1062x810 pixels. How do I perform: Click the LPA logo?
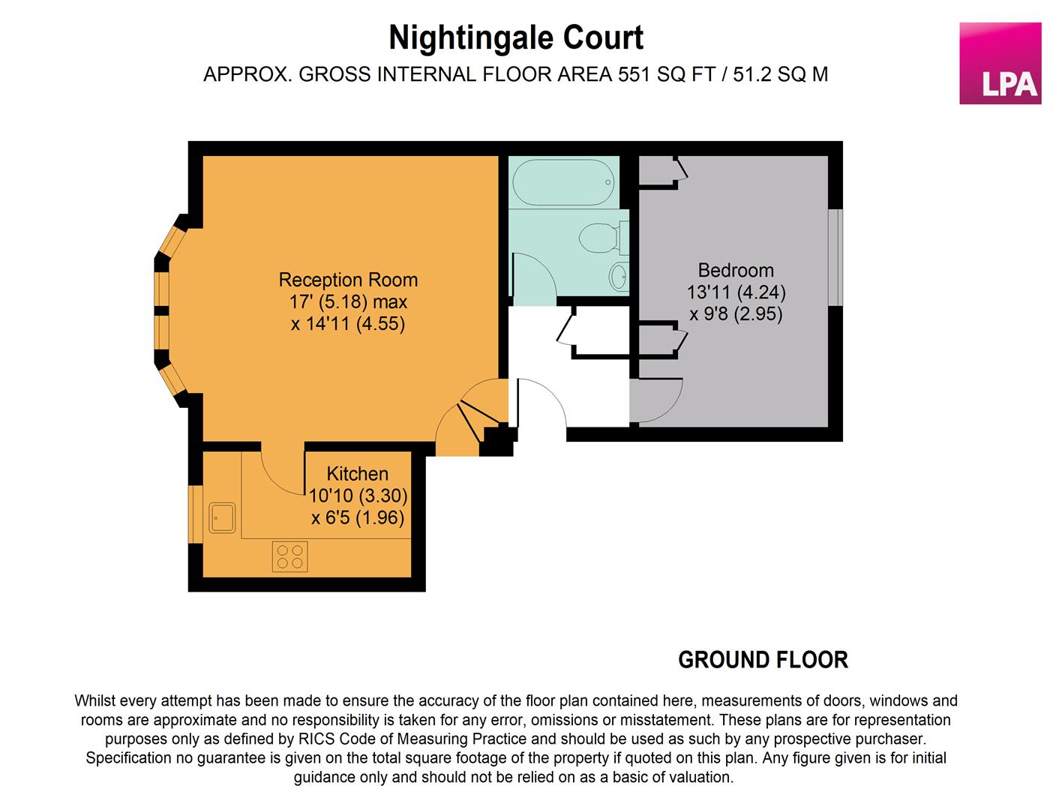[x=1000, y=63]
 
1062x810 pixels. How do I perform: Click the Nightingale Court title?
[x=516, y=38]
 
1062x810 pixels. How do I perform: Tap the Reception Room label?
[x=348, y=280]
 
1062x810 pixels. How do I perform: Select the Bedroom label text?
[x=735, y=270]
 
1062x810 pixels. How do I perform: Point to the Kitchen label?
[x=357, y=474]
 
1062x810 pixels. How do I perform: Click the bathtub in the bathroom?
[x=562, y=182]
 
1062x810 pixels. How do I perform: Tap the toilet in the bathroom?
[x=602, y=238]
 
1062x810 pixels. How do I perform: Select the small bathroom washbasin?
[x=619, y=277]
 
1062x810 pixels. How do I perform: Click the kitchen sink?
[x=222, y=517]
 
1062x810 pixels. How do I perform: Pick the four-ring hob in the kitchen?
[x=289, y=556]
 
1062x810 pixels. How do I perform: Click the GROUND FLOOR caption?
[x=763, y=660]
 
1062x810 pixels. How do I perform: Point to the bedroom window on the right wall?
[x=835, y=257]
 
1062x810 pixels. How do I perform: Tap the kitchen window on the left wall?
[x=195, y=514]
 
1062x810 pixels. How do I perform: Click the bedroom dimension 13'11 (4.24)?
[x=735, y=292]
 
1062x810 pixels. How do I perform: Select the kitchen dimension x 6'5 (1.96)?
[x=358, y=517]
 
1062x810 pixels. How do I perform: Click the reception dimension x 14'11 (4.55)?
[x=348, y=324]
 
